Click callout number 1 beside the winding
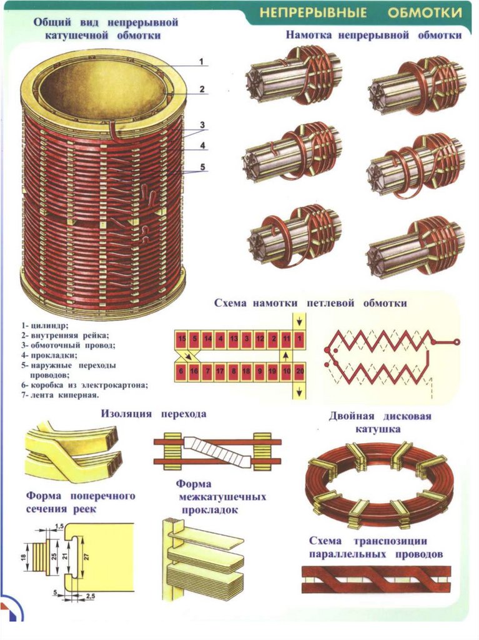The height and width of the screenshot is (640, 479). [x=202, y=61]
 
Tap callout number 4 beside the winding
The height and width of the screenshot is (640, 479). [x=202, y=146]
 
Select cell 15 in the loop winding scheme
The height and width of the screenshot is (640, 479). [x=182, y=338]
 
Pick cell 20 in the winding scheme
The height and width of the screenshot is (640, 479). [x=300, y=371]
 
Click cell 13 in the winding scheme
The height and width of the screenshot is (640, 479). [x=234, y=338]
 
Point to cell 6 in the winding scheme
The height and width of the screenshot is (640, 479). [x=181, y=371]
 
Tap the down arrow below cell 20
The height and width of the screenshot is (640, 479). [x=300, y=391]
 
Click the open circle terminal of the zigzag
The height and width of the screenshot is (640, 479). [x=457, y=342]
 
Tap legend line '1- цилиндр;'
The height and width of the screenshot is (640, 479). [x=45, y=325]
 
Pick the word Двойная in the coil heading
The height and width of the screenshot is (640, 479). [x=353, y=416]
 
